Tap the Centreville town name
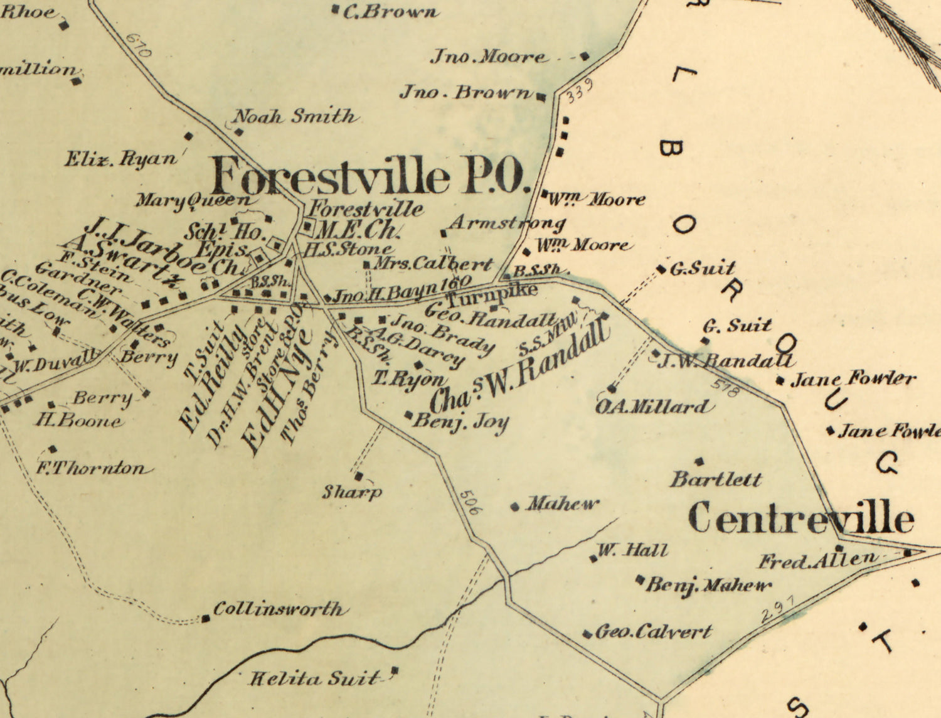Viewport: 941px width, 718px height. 800,519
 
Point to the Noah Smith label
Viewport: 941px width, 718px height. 295,116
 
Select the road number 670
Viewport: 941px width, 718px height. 139,45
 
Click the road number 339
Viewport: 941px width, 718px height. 578,92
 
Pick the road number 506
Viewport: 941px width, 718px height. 469,502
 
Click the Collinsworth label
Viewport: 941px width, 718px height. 279,609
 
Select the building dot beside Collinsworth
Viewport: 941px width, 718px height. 206,619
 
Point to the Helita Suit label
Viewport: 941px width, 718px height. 315,678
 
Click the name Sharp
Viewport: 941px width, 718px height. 352,492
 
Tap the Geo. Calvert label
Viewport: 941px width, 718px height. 653,631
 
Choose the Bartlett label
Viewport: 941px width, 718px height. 716,480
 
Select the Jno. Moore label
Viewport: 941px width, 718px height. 488,57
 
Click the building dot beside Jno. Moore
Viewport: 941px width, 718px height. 585,56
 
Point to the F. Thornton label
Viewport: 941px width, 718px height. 93,468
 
